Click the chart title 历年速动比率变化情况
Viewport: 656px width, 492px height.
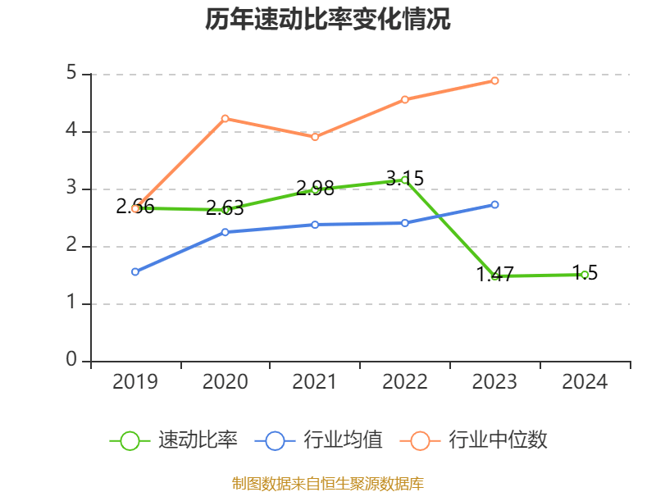[328, 20]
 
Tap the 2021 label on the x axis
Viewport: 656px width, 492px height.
[315, 381]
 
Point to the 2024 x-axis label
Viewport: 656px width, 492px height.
[585, 381]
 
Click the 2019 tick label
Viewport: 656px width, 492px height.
[135, 381]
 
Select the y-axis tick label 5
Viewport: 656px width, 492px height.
[72, 74]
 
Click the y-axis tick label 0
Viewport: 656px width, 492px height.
[72, 361]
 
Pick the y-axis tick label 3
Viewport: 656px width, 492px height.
[72, 189]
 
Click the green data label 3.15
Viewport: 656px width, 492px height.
[405, 178]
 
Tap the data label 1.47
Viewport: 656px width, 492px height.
[494, 275]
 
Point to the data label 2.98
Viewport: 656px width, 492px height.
[315, 188]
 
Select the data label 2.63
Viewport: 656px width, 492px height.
[225, 207]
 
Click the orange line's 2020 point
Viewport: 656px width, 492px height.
[225, 118]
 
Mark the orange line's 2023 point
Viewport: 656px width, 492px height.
[495, 80]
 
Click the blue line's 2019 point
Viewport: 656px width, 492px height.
[135, 271]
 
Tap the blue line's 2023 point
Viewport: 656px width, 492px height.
[495, 204]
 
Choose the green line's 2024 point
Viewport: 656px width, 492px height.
[585, 275]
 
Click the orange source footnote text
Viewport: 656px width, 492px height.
[328, 484]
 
